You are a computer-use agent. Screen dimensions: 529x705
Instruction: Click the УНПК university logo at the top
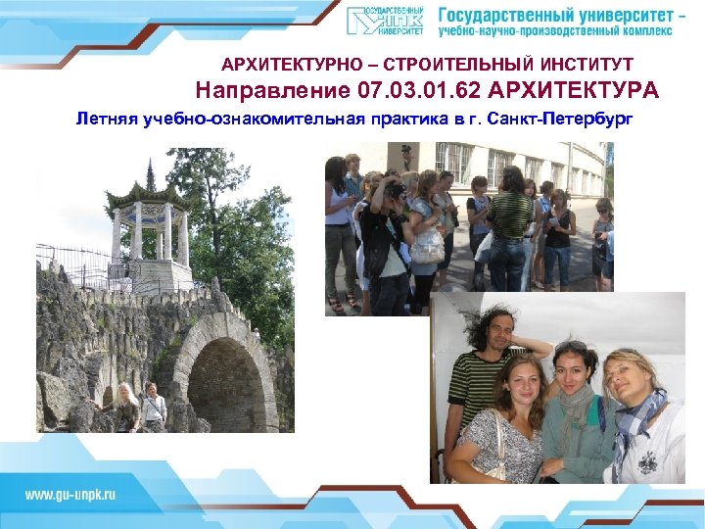coord(385,21)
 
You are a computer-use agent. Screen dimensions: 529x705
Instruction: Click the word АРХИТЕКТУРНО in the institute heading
coord(276,65)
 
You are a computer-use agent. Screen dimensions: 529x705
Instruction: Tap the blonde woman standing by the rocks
coord(125,407)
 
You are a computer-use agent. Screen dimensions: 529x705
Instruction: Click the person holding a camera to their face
coord(392,196)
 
